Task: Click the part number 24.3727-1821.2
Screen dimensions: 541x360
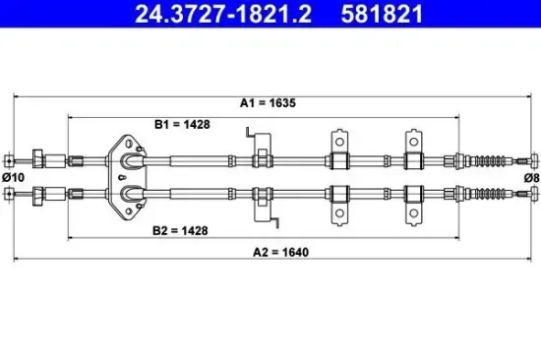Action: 223,14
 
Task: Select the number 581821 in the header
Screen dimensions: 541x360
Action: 382,14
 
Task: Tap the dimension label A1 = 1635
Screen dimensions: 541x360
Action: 268,103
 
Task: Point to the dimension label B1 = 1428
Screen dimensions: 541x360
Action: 182,124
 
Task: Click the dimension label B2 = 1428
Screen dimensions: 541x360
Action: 180,230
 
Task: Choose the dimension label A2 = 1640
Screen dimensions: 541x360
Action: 281,253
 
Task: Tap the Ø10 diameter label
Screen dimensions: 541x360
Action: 13,177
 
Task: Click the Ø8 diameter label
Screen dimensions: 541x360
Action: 532,178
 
